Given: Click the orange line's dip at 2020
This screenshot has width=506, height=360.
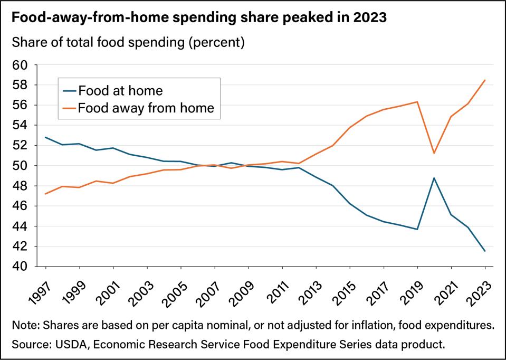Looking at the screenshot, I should (x=434, y=153).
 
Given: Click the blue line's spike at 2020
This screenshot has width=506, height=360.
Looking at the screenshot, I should (x=434, y=178).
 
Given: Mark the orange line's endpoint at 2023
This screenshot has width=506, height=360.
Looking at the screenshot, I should (x=485, y=80).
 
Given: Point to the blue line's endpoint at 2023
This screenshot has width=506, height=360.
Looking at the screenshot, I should (x=485, y=251).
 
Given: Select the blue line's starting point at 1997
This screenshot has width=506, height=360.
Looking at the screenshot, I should (x=46, y=137).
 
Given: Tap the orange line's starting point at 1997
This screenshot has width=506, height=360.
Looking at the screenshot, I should (x=46, y=194).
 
